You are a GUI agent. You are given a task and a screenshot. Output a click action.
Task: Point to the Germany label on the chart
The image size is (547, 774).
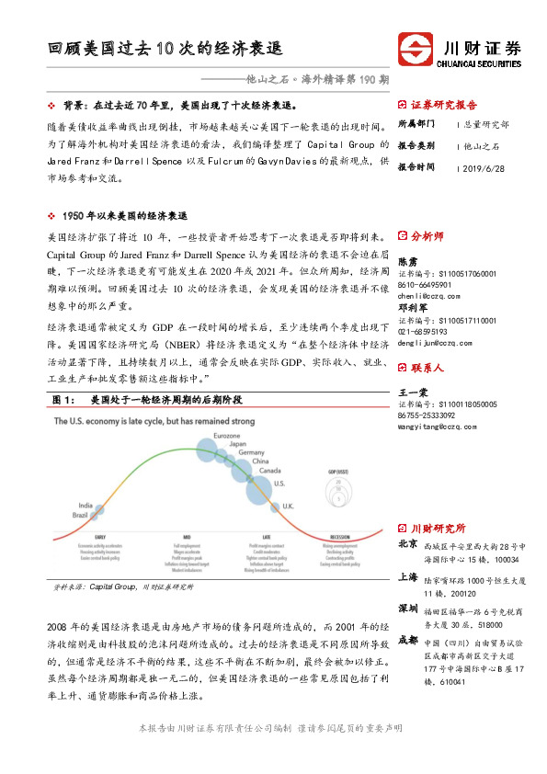coord(251,453)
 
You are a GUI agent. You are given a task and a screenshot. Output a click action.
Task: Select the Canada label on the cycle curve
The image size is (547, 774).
coord(270,471)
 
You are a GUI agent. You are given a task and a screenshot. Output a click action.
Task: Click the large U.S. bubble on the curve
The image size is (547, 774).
coord(257,489)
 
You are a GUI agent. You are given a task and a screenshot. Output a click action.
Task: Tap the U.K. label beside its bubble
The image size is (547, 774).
coord(288,507)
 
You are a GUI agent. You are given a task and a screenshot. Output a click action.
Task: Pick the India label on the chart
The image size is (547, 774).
coord(85,505)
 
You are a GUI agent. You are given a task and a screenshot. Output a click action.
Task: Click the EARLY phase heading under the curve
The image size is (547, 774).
coord(99,536)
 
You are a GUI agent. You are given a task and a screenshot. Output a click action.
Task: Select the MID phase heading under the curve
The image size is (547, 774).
coord(186,536)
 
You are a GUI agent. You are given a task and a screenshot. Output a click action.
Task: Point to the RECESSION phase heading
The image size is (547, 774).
coord(339,536)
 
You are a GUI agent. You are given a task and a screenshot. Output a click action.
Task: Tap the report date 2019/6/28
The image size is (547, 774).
coord(488,168)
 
